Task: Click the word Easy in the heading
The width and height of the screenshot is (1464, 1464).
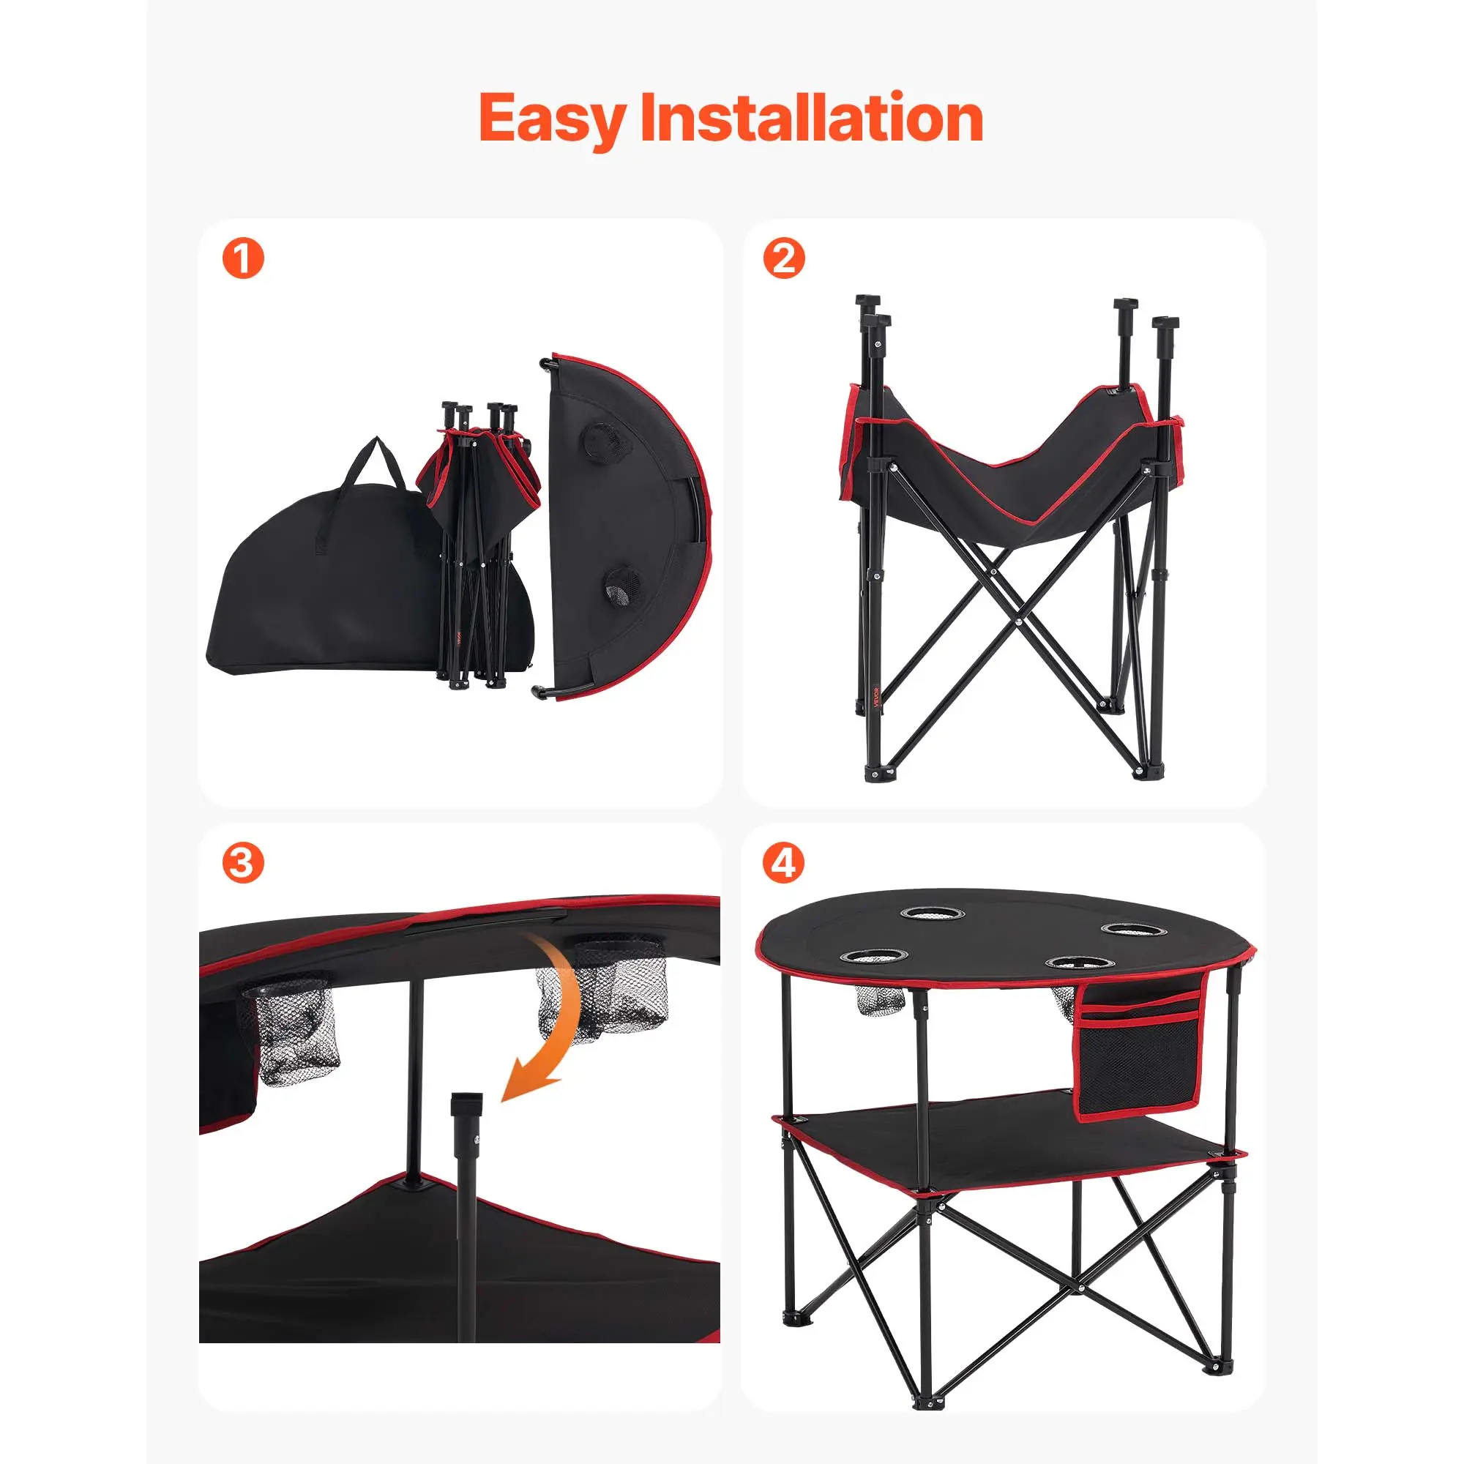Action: click(553, 119)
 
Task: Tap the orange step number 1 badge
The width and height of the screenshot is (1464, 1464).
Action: click(243, 258)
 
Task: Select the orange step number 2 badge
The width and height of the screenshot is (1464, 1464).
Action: click(783, 258)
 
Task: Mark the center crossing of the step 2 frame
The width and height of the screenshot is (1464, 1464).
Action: click(1018, 621)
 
